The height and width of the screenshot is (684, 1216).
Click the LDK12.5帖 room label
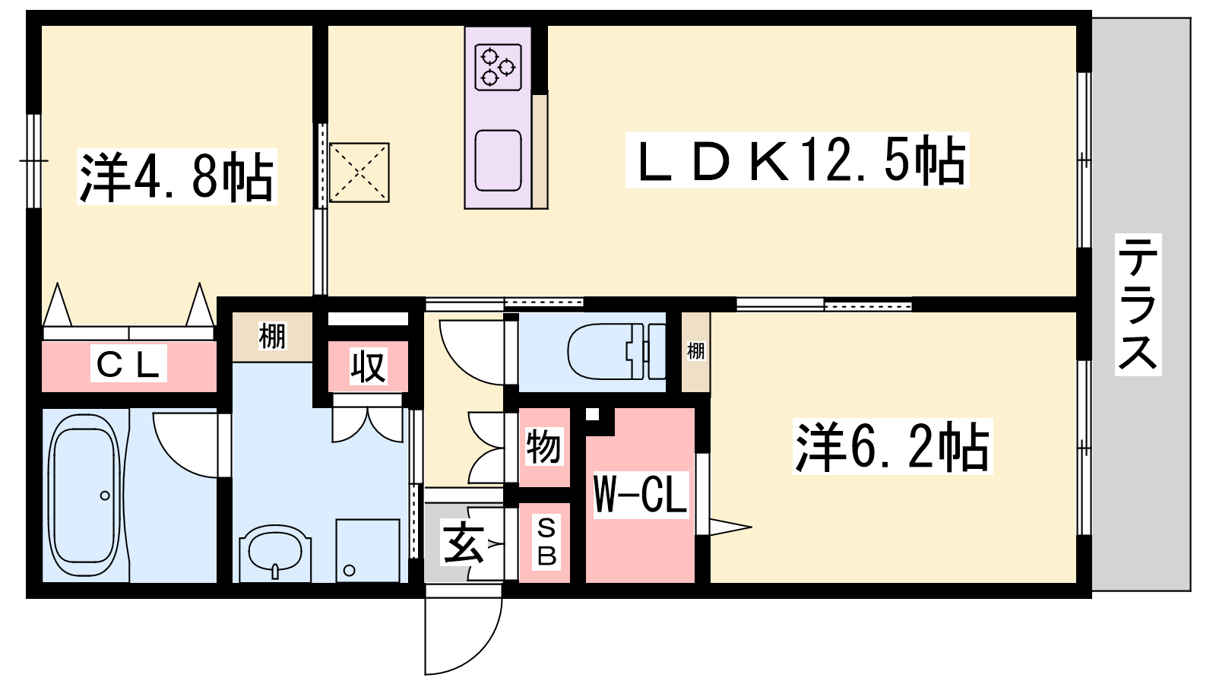(797, 160)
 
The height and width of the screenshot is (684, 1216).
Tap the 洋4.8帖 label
(177, 177)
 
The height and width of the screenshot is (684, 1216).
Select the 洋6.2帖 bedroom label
(892, 446)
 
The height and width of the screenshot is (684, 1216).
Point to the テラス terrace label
(1138, 304)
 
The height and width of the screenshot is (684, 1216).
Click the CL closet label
(128, 365)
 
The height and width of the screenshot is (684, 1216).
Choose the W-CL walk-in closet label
(641, 495)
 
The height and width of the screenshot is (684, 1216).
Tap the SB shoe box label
(546, 542)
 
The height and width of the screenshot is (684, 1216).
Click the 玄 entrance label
(463, 543)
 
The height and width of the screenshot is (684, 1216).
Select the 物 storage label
(543, 446)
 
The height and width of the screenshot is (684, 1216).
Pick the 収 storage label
(368, 366)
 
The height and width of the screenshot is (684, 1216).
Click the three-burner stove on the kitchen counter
(498, 68)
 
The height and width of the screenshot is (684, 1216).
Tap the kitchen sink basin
(498, 160)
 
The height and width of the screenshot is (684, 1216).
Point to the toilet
(616, 351)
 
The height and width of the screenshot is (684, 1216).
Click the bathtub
(84, 495)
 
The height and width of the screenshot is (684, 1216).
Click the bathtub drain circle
(105, 496)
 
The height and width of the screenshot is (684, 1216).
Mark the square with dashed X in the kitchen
(359, 173)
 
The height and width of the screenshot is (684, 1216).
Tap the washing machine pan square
(368, 550)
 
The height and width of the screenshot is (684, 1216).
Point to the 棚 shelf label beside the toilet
(695, 350)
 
